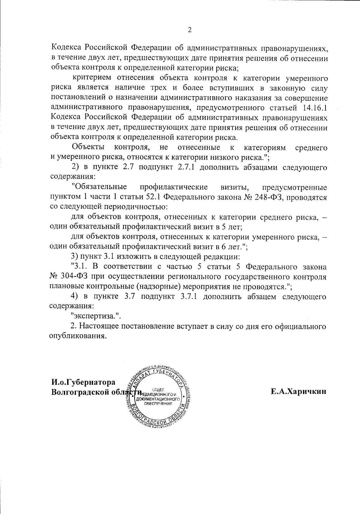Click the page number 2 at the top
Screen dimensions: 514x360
coord(189,30)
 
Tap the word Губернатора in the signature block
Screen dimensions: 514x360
coord(95,382)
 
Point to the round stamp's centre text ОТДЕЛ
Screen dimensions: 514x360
coord(158,390)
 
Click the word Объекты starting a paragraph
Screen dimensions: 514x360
coord(88,147)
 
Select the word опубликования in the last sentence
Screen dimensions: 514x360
coord(78,336)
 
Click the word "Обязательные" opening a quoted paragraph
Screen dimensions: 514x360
coord(99,187)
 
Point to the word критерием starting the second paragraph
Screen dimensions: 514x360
coord(93,78)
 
